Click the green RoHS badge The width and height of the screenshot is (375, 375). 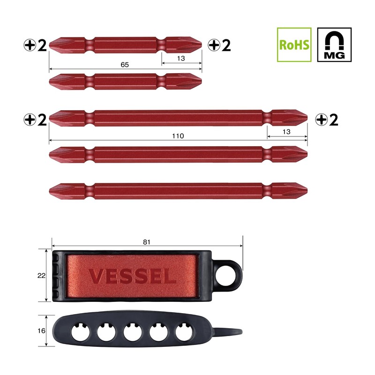pos(294,45)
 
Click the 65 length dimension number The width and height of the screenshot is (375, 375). pos(124,64)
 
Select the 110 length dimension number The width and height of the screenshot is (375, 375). pos(178,135)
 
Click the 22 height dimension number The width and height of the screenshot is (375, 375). pos(41,276)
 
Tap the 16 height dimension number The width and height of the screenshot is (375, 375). pos(41,330)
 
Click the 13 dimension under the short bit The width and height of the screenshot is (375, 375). pos(181,59)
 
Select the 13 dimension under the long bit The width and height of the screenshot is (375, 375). pos(287,132)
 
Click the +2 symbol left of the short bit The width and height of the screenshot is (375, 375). pos(36,45)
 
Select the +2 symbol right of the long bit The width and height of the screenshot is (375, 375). pos(327,120)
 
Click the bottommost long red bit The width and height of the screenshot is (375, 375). pos(178,189)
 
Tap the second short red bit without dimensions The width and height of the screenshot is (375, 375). pos(125,81)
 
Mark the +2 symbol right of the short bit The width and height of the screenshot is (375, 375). pos(220,45)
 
